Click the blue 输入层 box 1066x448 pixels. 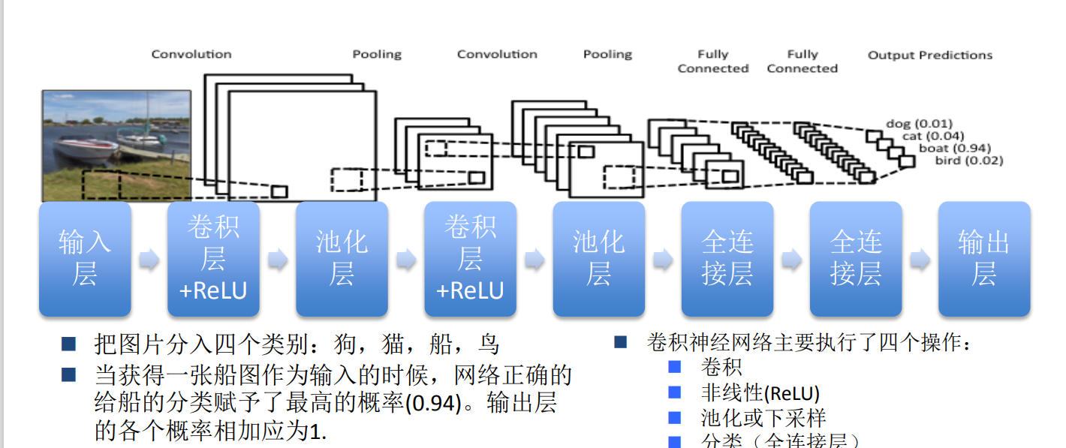tap(85, 258)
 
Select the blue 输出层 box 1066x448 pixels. tap(984, 258)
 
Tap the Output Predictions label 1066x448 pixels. tap(930, 56)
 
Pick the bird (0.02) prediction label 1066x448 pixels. tap(968, 160)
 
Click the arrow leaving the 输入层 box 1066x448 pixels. tap(149, 260)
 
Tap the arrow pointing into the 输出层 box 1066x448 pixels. tap(920, 260)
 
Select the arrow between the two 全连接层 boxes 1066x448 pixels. tap(791, 260)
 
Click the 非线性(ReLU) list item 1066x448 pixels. tap(760, 393)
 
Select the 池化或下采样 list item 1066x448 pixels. tap(763, 418)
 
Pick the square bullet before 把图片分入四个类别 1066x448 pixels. tap(68, 344)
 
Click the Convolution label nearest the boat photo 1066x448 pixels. tap(191, 54)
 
